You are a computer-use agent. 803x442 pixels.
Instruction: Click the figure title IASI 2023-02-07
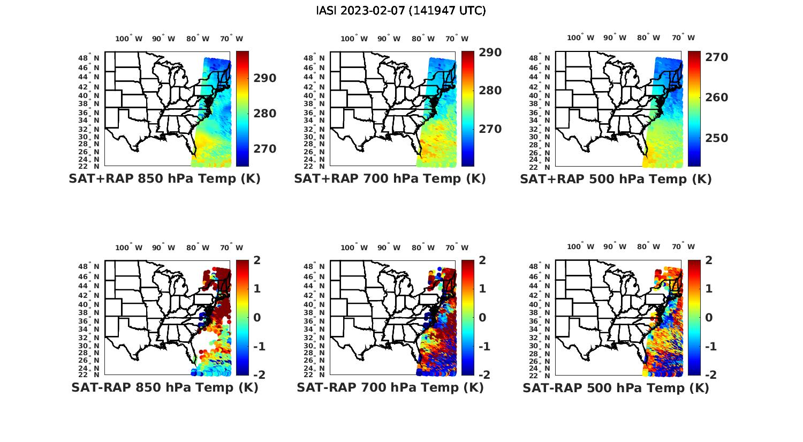pyautogui.click(x=401, y=11)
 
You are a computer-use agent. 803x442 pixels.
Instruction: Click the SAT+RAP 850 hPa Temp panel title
pyautogui.click(x=164, y=179)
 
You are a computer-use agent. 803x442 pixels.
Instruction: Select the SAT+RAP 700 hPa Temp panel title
pyautogui.click(x=390, y=179)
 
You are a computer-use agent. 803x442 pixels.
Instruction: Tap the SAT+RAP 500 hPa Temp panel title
pyautogui.click(x=616, y=179)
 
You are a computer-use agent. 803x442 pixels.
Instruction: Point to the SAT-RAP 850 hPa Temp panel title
pyautogui.click(x=164, y=387)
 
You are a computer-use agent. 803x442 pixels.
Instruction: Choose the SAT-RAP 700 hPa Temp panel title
pyautogui.click(x=390, y=387)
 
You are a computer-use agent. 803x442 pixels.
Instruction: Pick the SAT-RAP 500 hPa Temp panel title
pyautogui.click(x=616, y=387)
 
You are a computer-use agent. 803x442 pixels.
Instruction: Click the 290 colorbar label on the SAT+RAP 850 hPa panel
pyautogui.click(x=265, y=78)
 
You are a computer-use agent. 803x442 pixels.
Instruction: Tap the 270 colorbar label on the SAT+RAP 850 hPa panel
pyautogui.click(x=265, y=149)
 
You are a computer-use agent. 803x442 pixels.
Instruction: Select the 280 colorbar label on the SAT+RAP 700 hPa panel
pyautogui.click(x=490, y=91)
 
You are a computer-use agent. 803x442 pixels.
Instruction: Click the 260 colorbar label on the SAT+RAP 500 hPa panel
pyautogui.click(x=717, y=98)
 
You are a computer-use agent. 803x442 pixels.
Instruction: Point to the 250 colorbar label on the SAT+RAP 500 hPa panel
pyautogui.click(x=717, y=138)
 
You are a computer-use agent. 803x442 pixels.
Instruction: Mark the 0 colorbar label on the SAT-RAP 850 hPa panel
pyautogui.click(x=257, y=317)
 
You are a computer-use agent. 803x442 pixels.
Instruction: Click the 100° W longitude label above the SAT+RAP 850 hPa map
pyautogui.click(x=129, y=39)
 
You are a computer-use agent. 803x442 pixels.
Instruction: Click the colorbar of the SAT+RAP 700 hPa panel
pyautogui.click(x=467, y=108)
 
